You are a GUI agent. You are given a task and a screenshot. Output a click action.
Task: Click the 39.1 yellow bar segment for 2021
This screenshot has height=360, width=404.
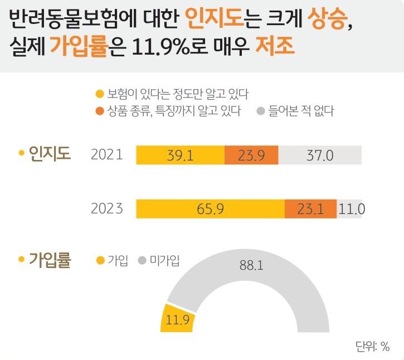click(x=180, y=155)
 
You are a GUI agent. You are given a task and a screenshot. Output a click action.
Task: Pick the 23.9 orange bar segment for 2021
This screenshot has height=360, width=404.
click(x=251, y=155)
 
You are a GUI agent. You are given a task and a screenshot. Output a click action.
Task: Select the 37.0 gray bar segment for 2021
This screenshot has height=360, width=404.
click(x=320, y=155)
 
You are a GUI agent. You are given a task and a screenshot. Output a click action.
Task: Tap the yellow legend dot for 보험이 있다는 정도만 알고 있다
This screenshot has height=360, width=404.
click(x=100, y=93)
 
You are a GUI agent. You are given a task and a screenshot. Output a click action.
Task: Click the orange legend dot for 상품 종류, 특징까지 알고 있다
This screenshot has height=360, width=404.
click(x=100, y=111)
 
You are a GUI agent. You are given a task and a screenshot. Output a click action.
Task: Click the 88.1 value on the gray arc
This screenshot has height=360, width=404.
click(x=251, y=265)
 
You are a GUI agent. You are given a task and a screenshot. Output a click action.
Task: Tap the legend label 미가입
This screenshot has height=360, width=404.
click(x=164, y=260)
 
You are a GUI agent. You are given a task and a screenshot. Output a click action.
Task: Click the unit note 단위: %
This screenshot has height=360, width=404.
click(x=372, y=346)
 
